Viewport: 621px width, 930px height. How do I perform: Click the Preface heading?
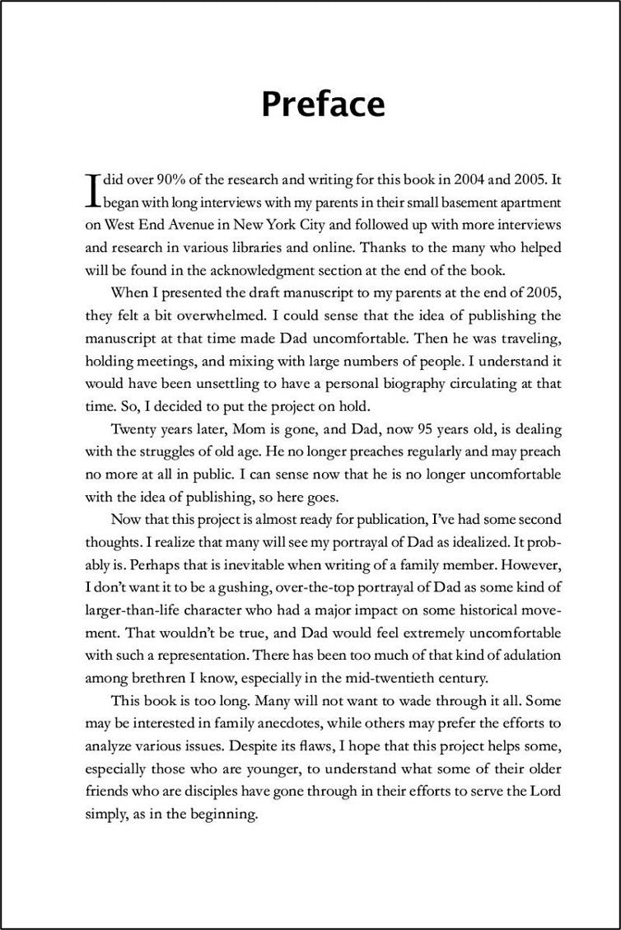(322, 105)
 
